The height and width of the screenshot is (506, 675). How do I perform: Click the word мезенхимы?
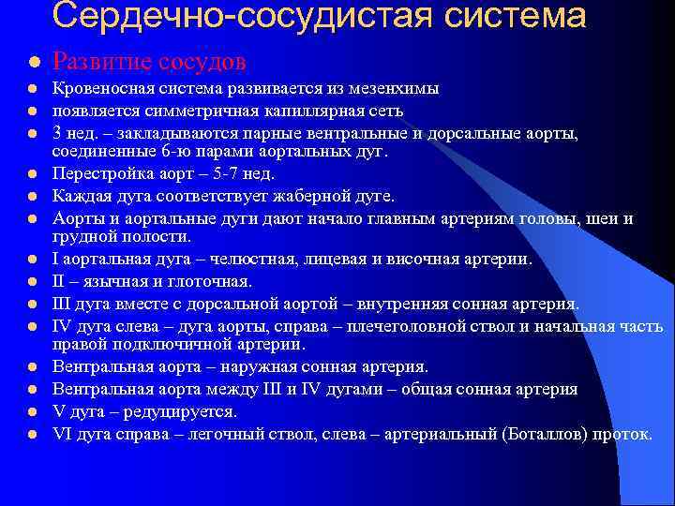[x=396, y=89]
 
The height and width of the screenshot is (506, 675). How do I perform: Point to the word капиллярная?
[x=264, y=111]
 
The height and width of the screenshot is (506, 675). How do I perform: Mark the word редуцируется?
[x=177, y=411]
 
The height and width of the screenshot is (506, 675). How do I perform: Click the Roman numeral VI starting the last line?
[x=63, y=434]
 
